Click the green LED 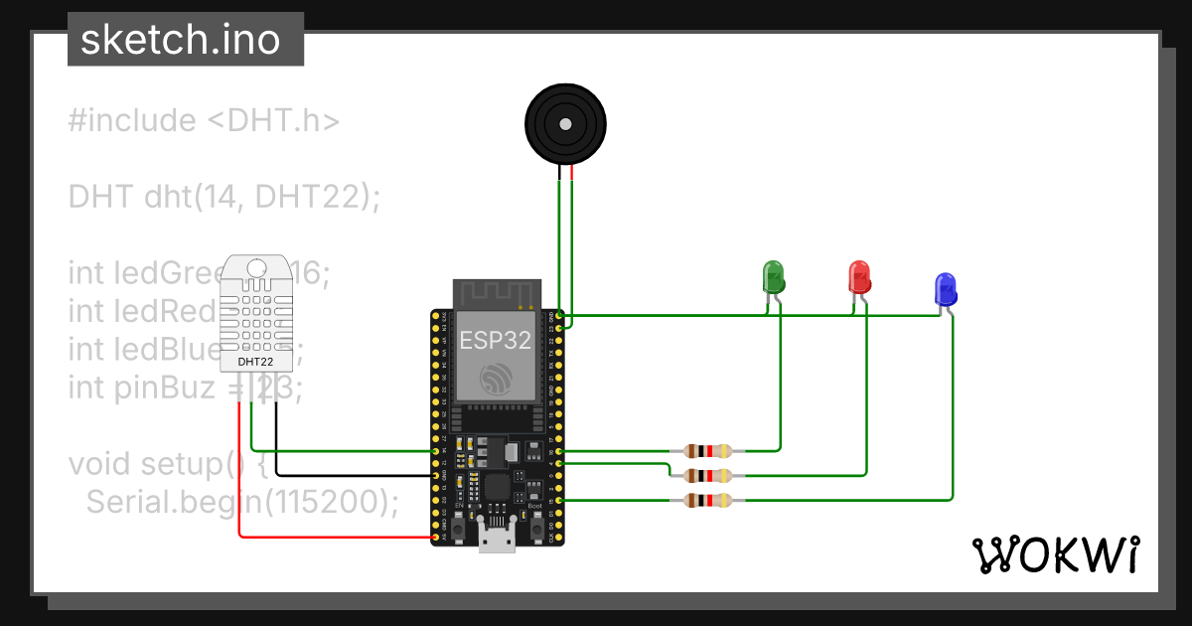[x=773, y=276]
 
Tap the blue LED [x=945, y=289]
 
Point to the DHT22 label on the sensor [x=255, y=362]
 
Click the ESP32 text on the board [x=495, y=340]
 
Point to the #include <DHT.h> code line [x=204, y=121]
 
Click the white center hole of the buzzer [x=564, y=125]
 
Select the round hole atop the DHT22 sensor [x=255, y=268]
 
